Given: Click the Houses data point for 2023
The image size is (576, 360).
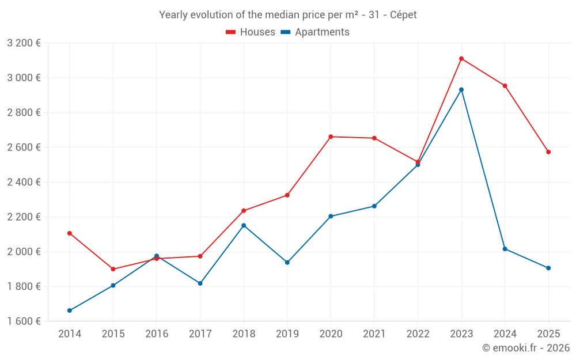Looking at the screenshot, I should click(x=461, y=59).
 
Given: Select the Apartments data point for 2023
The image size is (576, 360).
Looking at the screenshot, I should click(x=461, y=90).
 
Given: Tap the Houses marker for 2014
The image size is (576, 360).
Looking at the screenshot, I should click(x=70, y=233).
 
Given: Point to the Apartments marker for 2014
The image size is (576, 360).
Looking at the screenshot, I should click(x=70, y=310).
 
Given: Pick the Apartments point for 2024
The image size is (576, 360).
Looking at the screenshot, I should click(x=505, y=249).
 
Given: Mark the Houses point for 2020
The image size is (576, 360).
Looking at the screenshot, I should click(x=331, y=137).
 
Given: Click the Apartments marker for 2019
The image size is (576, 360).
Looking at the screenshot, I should click(x=287, y=263).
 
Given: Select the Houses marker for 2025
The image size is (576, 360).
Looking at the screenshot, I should click(x=548, y=152).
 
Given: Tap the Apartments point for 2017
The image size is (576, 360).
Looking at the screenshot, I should click(x=200, y=283).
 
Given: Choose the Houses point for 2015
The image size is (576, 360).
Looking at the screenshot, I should click(x=113, y=269).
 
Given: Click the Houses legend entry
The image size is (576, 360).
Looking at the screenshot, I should click(x=251, y=32).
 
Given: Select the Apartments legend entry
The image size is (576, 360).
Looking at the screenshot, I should click(x=315, y=32).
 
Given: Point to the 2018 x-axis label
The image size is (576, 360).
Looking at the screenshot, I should click(x=244, y=334).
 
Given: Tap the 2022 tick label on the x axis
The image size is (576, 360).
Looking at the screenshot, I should click(x=418, y=334).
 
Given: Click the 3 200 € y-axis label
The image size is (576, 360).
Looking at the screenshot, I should click(x=24, y=43).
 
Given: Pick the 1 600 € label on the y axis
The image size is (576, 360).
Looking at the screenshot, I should click(x=24, y=321).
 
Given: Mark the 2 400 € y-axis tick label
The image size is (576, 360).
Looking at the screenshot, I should click(x=24, y=182).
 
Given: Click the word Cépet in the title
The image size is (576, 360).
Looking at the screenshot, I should click(x=403, y=15).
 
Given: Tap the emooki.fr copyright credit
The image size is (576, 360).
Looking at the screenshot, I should click(x=526, y=348).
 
